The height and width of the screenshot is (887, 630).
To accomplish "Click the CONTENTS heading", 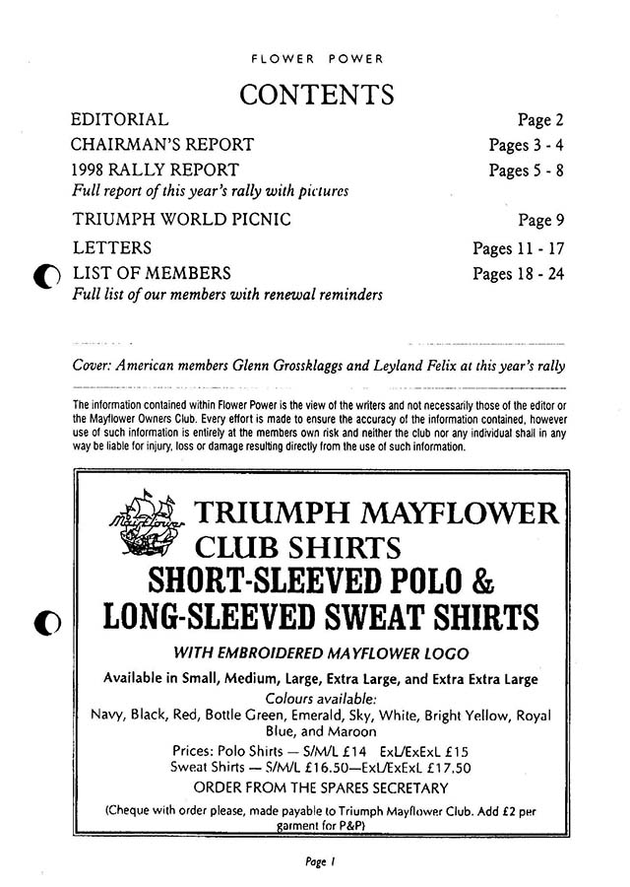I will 316,95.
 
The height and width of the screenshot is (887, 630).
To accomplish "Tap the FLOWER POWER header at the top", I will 316,57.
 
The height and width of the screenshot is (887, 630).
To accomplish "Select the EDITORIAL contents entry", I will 120,120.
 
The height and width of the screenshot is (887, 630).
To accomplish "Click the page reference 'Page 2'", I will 540,121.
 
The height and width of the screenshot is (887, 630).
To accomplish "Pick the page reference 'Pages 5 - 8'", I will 527,170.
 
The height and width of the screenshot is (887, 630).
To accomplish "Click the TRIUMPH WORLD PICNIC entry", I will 182,219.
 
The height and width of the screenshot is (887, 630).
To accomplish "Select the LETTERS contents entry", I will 112,247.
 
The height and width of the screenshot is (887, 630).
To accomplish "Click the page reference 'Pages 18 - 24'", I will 519,273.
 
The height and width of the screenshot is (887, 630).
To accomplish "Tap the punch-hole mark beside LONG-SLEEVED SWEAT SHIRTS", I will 46,623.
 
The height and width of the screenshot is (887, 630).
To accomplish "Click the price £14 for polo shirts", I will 319,750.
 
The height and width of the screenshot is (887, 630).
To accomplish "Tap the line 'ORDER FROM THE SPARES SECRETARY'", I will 321,786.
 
